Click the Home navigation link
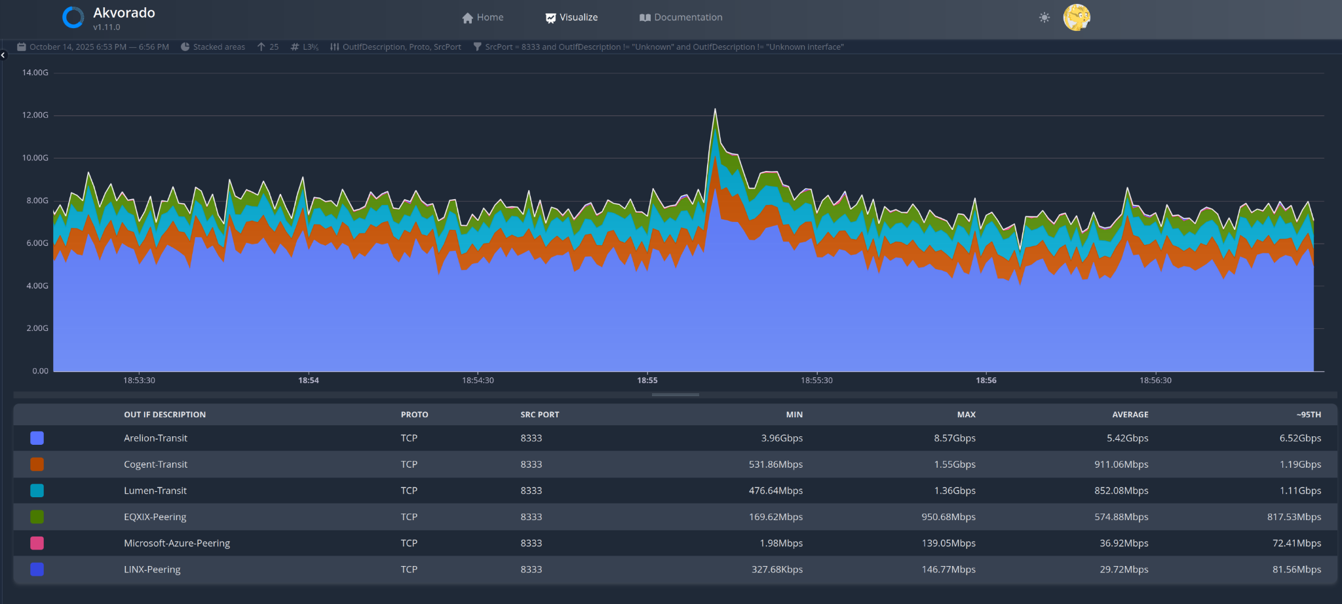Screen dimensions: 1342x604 click(x=483, y=18)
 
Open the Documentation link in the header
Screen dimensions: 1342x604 click(x=681, y=18)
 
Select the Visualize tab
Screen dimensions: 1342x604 click(x=571, y=18)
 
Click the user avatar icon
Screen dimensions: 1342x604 click(x=1077, y=18)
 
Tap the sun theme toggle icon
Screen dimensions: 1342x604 click(x=1045, y=18)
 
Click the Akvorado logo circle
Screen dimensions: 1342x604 click(x=73, y=18)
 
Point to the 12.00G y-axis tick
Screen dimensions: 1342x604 click(x=35, y=115)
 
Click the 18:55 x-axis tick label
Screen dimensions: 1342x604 click(x=647, y=381)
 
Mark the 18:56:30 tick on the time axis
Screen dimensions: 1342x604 click(x=1155, y=381)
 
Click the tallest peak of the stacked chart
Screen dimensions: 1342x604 click(x=715, y=109)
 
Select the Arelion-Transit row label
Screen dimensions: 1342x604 click(x=155, y=438)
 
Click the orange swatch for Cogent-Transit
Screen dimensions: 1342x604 click(x=37, y=464)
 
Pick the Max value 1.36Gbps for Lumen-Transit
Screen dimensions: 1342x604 click(x=955, y=491)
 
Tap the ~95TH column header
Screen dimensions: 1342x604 click(x=1309, y=415)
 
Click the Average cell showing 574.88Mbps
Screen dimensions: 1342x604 click(x=1121, y=517)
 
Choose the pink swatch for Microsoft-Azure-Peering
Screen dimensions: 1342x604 click(x=37, y=543)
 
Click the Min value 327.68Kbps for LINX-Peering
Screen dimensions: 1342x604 click(x=777, y=569)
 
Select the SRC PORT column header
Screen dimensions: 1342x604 click(x=540, y=415)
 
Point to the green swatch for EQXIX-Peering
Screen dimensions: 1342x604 click(x=37, y=517)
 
